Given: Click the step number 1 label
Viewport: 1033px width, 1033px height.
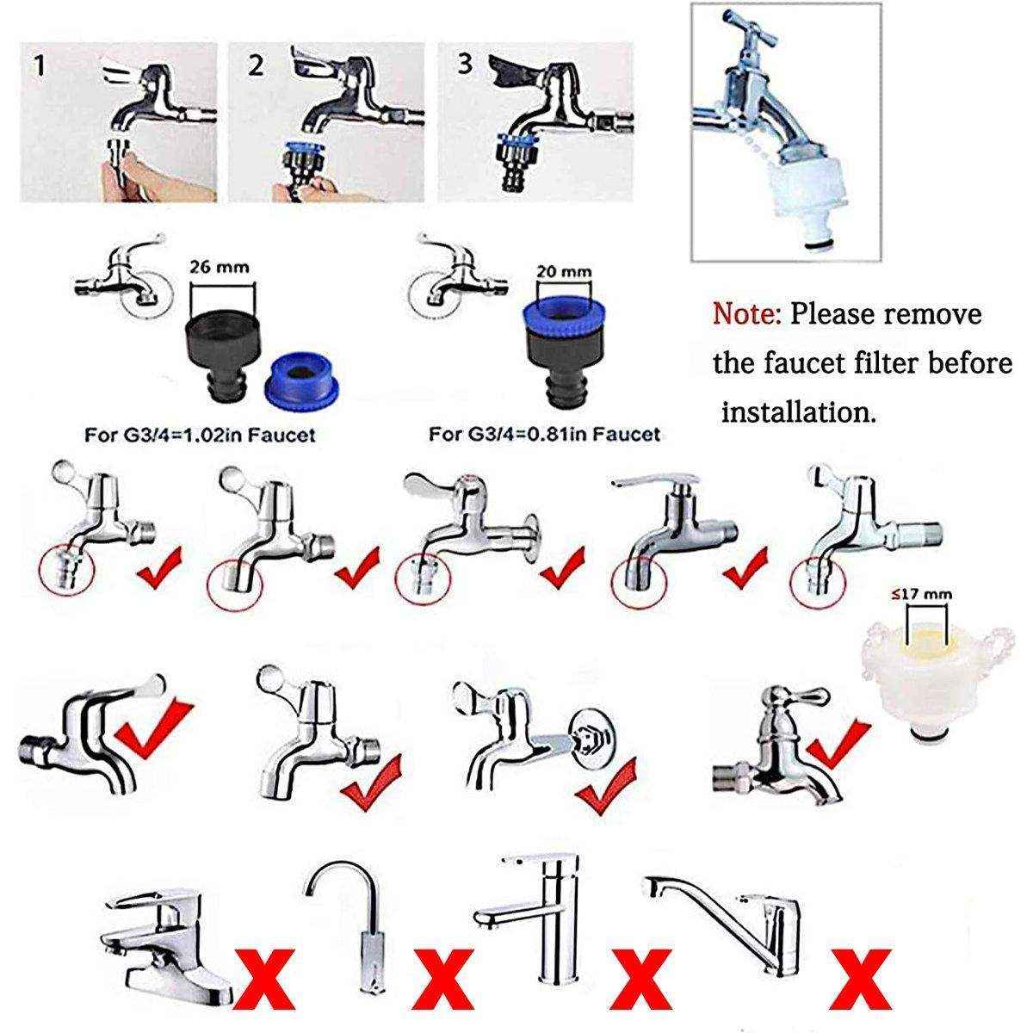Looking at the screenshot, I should point(39,66).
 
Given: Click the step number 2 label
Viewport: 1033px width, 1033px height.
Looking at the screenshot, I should point(255,66).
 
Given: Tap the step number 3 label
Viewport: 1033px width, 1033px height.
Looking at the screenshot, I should point(466,65).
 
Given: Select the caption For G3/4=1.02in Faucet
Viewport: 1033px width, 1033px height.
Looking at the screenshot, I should point(199,436).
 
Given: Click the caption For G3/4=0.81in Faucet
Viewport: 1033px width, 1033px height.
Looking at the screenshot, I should point(544,434).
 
